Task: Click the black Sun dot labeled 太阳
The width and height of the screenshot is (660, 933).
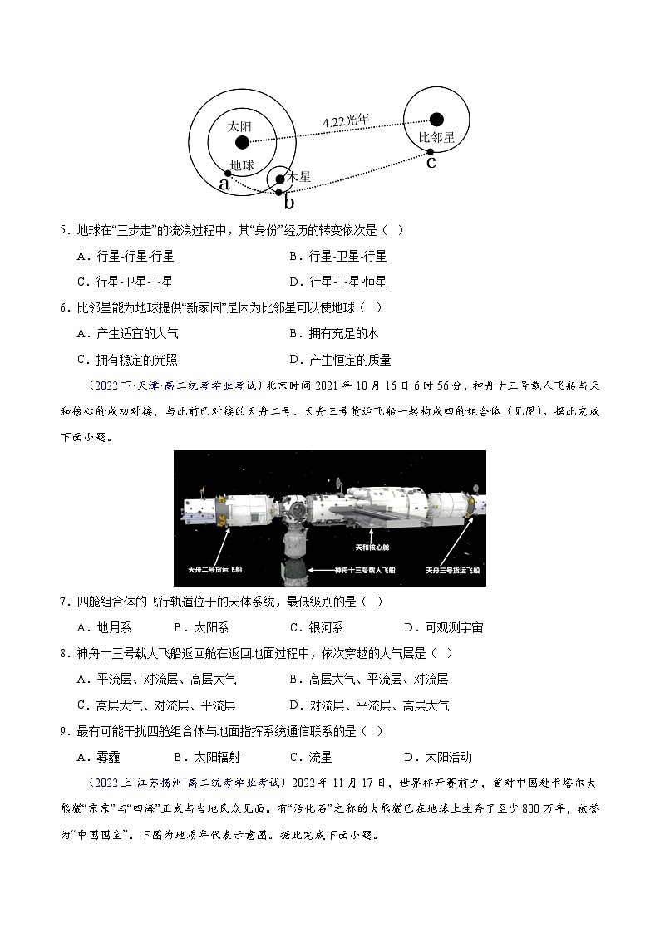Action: pyautogui.click(x=242, y=142)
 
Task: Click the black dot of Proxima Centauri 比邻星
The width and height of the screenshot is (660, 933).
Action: pyautogui.click(x=436, y=120)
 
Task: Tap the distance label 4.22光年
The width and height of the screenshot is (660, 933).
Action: pyautogui.click(x=346, y=121)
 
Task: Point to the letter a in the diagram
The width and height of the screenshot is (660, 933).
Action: pyautogui.click(x=224, y=184)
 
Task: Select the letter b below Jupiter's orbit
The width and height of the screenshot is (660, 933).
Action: pyautogui.click(x=288, y=202)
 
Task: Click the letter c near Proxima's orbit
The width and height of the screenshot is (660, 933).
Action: pyautogui.click(x=431, y=162)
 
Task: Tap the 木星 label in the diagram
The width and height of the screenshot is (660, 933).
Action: pyautogui.click(x=299, y=177)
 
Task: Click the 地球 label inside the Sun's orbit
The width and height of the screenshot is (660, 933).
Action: pyautogui.click(x=242, y=165)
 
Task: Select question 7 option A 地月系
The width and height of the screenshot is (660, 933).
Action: pyautogui.click(x=104, y=627)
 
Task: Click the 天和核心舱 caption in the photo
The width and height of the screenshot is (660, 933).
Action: pyautogui.click(x=372, y=548)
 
